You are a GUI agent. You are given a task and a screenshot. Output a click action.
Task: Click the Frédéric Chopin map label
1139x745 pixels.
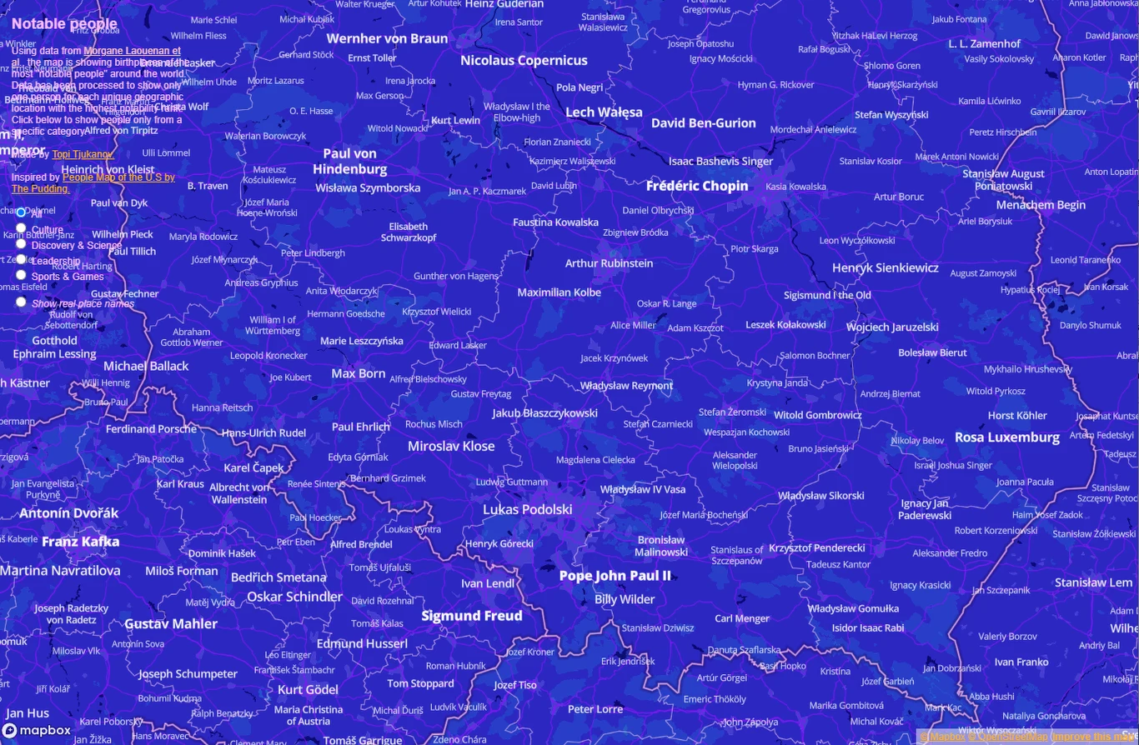coord(697,186)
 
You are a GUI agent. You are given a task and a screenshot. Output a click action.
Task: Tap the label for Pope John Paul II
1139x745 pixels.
coord(615,576)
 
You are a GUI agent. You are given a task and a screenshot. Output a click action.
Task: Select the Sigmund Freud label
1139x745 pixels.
coord(472,616)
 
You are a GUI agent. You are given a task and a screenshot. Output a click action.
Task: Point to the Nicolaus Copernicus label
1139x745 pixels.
coord(524,60)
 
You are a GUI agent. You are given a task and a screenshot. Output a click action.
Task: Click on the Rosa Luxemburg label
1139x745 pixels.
coord(1007,437)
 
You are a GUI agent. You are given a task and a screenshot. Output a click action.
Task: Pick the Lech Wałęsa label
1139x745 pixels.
coord(604,112)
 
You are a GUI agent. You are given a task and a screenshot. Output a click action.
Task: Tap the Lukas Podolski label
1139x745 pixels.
coord(528,509)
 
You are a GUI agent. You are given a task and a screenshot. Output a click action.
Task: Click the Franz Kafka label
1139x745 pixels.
coord(81,542)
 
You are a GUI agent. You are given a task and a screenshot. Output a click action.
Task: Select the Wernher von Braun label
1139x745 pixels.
coord(387,38)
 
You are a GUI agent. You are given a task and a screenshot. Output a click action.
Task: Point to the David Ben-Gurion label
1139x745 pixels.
coord(704,123)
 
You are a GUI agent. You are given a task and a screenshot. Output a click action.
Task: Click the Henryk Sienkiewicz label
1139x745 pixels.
coord(885,268)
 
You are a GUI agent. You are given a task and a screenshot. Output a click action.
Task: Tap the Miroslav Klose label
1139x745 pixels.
coord(451,447)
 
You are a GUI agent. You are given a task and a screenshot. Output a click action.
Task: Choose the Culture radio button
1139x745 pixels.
coord(21,228)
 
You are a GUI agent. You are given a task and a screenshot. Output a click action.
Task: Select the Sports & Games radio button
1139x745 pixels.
coord(21,275)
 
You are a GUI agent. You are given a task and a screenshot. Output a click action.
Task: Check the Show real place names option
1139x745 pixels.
coord(21,302)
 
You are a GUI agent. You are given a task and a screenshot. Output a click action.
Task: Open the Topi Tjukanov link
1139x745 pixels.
coord(83,154)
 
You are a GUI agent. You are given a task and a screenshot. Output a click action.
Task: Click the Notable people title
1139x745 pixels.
coord(64,23)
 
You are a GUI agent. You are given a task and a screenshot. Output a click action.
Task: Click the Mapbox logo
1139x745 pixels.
coord(37,731)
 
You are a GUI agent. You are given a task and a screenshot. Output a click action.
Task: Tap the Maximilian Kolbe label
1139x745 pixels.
coord(559,292)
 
